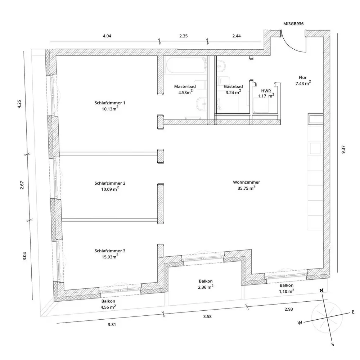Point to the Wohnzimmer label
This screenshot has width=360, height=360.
246,182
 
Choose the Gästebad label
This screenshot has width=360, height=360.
233,87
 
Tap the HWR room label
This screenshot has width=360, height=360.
266,90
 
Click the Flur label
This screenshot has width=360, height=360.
302,77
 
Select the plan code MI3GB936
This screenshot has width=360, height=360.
293,24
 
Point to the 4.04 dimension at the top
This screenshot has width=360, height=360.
108,36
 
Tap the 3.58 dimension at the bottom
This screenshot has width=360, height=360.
207,316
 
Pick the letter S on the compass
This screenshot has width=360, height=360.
332,345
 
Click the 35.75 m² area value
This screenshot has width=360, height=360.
246,188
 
